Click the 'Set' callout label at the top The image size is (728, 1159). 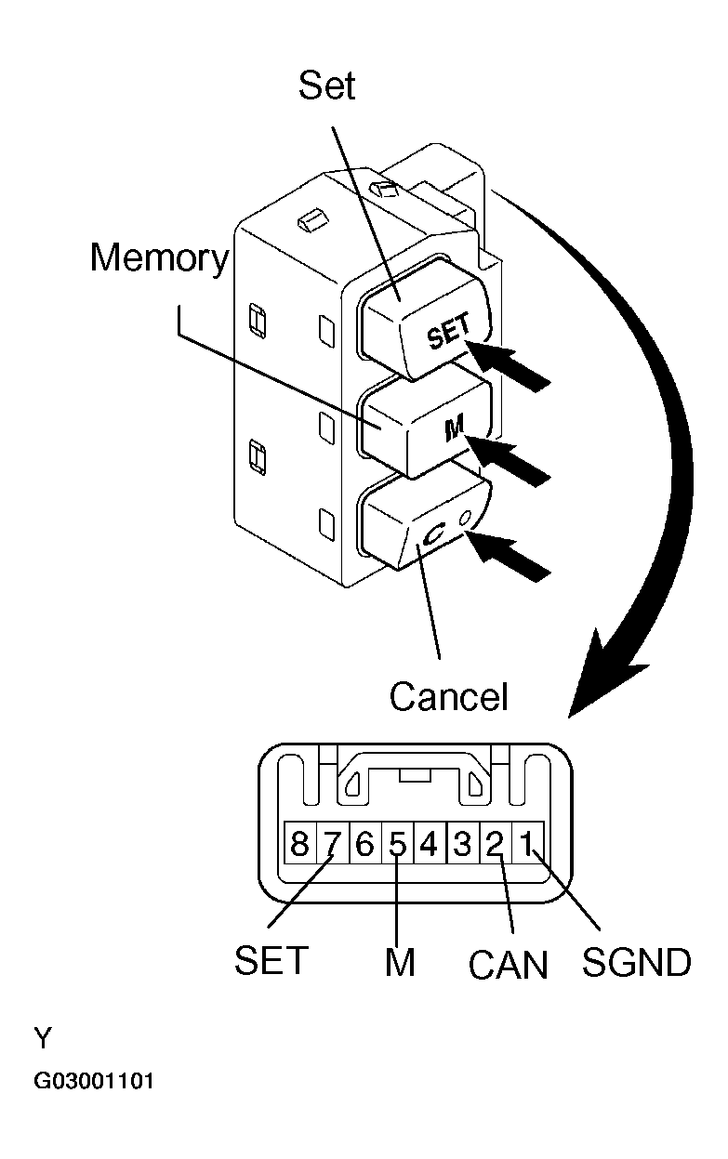tap(326, 86)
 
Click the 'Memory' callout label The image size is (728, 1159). tap(158, 258)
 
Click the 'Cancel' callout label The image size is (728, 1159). tap(449, 696)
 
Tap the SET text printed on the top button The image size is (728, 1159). tap(450, 332)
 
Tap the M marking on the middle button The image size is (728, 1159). tap(455, 428)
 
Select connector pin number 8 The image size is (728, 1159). tap(299, 844)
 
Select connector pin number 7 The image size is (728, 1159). tap(332, 844)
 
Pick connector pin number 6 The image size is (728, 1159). tap(364, 844)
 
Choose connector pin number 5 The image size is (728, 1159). tap(397, 844)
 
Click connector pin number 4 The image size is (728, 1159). tap(430, 844)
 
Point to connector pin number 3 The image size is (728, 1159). tap(462, 844)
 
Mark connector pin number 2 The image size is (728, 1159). tap(495, 844)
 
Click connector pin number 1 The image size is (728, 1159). tap(527, 844)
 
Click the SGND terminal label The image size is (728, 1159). tap(636, 962)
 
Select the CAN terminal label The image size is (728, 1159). tap(509, 966)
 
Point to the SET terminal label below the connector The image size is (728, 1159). tap(271, 961)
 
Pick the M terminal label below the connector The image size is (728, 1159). tap(399, 963)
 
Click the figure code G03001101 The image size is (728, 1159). tap(95, 1082)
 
